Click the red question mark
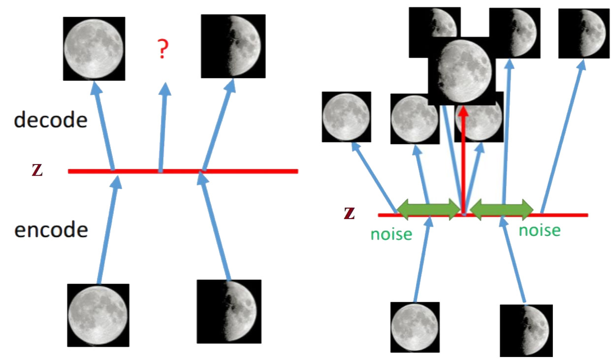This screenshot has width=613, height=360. (x=162, y=50)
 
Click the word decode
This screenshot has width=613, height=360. (x=51, y=120)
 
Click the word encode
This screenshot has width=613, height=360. (x=51, y=229)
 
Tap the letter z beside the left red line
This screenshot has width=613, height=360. (x=36, y=170)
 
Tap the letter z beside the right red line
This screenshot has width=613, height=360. (x=350, y=213)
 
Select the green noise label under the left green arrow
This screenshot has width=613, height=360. (x=391, y=233)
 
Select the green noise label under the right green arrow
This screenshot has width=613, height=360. (x=540, y=230)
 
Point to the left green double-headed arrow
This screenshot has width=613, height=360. (x=428, y=209)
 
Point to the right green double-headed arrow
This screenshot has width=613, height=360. (x=502, y=209)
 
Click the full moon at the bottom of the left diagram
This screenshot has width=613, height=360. (x=97, y=315)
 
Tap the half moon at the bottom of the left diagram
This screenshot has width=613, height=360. (x=228, y=311)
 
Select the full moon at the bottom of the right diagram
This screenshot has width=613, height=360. (x=415, y=327)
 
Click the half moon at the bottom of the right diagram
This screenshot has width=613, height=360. (x=526, y=329)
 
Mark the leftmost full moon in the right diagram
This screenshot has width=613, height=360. (x=346, y=116)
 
